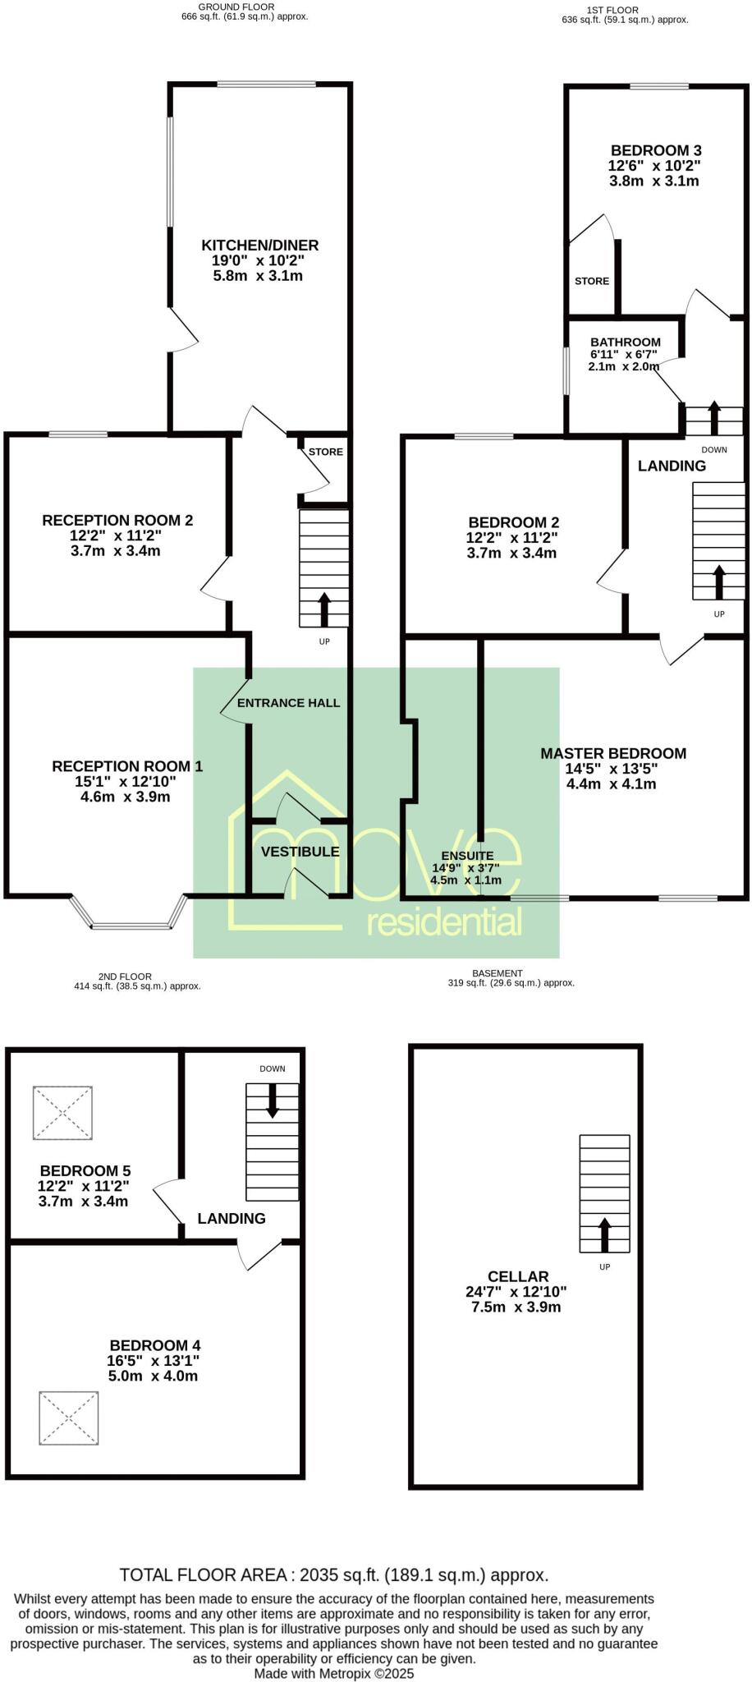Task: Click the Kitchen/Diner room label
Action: click(x=259, y=245)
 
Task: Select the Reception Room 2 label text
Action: click(x=117, y=520)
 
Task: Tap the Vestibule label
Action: click(x=300, y=852)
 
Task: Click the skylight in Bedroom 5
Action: click(x=62, y=1112)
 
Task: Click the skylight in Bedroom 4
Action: click(x=69, y=1418)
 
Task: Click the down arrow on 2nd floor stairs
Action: click(x=272, y=1101)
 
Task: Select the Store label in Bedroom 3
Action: click(x=591, y=281)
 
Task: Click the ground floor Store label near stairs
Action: click(x=325, y=452)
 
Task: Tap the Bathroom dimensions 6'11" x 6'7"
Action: click(x=624, y=355)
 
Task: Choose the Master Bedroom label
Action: click(x=612, y=753)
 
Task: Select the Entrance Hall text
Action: click(x=288, y=703)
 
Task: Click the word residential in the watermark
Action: click(x=444, y=922)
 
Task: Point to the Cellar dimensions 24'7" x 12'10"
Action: click(x=516, y=1291)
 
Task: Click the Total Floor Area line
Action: click(x=333, y=1575)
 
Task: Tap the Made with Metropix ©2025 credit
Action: click(x=333, y=1673)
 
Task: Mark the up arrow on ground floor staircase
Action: click(x=323, y=609)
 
